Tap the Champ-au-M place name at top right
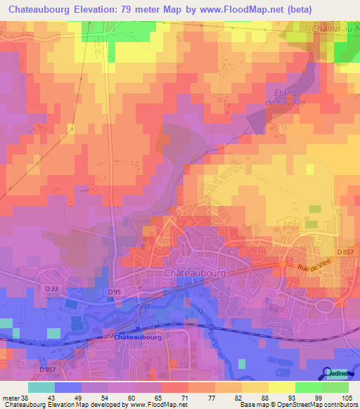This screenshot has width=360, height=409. [x=335, y=29]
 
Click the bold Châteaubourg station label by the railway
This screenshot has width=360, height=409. [x=137, y=337]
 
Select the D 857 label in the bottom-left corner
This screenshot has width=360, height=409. [x=49, y=370]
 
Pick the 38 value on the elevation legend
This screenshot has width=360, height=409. [x=24, y=397]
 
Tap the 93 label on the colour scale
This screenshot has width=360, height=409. [x=281, y=397]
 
